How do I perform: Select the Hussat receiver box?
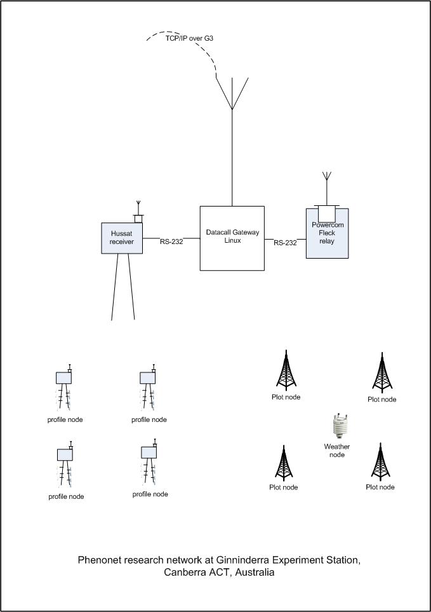click(122, 238)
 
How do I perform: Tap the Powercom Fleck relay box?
click(327, 233)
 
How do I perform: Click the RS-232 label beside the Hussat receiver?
click(171, 241)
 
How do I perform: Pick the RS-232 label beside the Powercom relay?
click(285, 243)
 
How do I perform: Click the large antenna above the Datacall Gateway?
click(232, 95)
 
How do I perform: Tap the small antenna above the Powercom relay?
click(327, 178)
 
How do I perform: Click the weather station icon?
click(338, 426)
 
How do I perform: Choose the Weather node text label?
click(337, 451)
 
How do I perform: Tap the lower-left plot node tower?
click(283, 462)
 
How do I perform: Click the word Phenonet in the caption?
click(101, 560)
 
